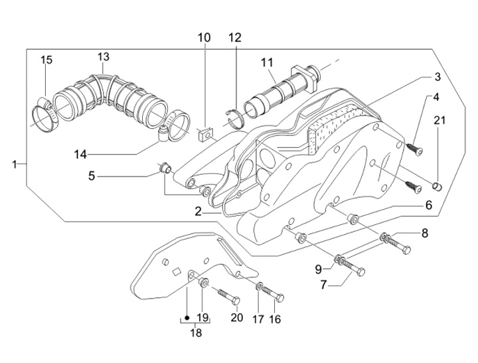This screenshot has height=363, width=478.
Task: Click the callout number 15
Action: point(46,60)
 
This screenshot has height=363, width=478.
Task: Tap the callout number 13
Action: point(104,56)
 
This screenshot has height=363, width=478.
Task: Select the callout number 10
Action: point(204,38)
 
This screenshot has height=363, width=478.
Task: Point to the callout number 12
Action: point(235,38)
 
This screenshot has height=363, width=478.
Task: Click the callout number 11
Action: point(267,63)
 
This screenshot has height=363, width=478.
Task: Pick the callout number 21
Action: point(438,119)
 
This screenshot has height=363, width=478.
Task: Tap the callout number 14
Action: point(99,155)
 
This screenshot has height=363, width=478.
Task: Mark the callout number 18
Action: point(197,333)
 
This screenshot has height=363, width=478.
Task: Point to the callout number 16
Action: point(275,319)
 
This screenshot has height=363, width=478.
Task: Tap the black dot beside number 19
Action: point(187,317)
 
